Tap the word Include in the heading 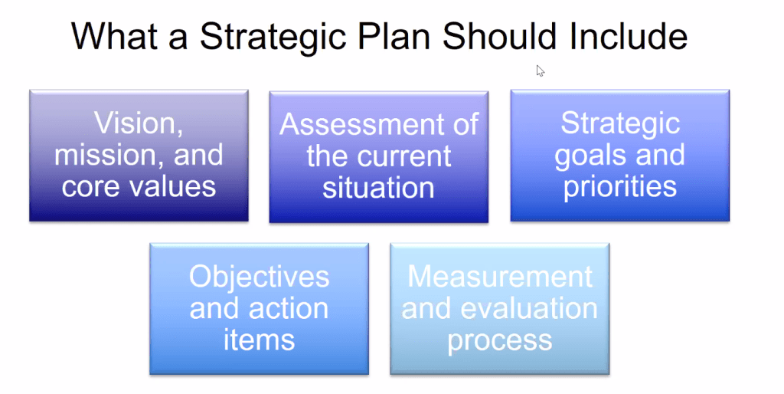(629, 38)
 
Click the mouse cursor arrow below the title (540, 71)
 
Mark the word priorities (619, 187)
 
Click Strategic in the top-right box (619, 123)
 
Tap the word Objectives (259, 277)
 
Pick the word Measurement (499, 277)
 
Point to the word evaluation (528, 309)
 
